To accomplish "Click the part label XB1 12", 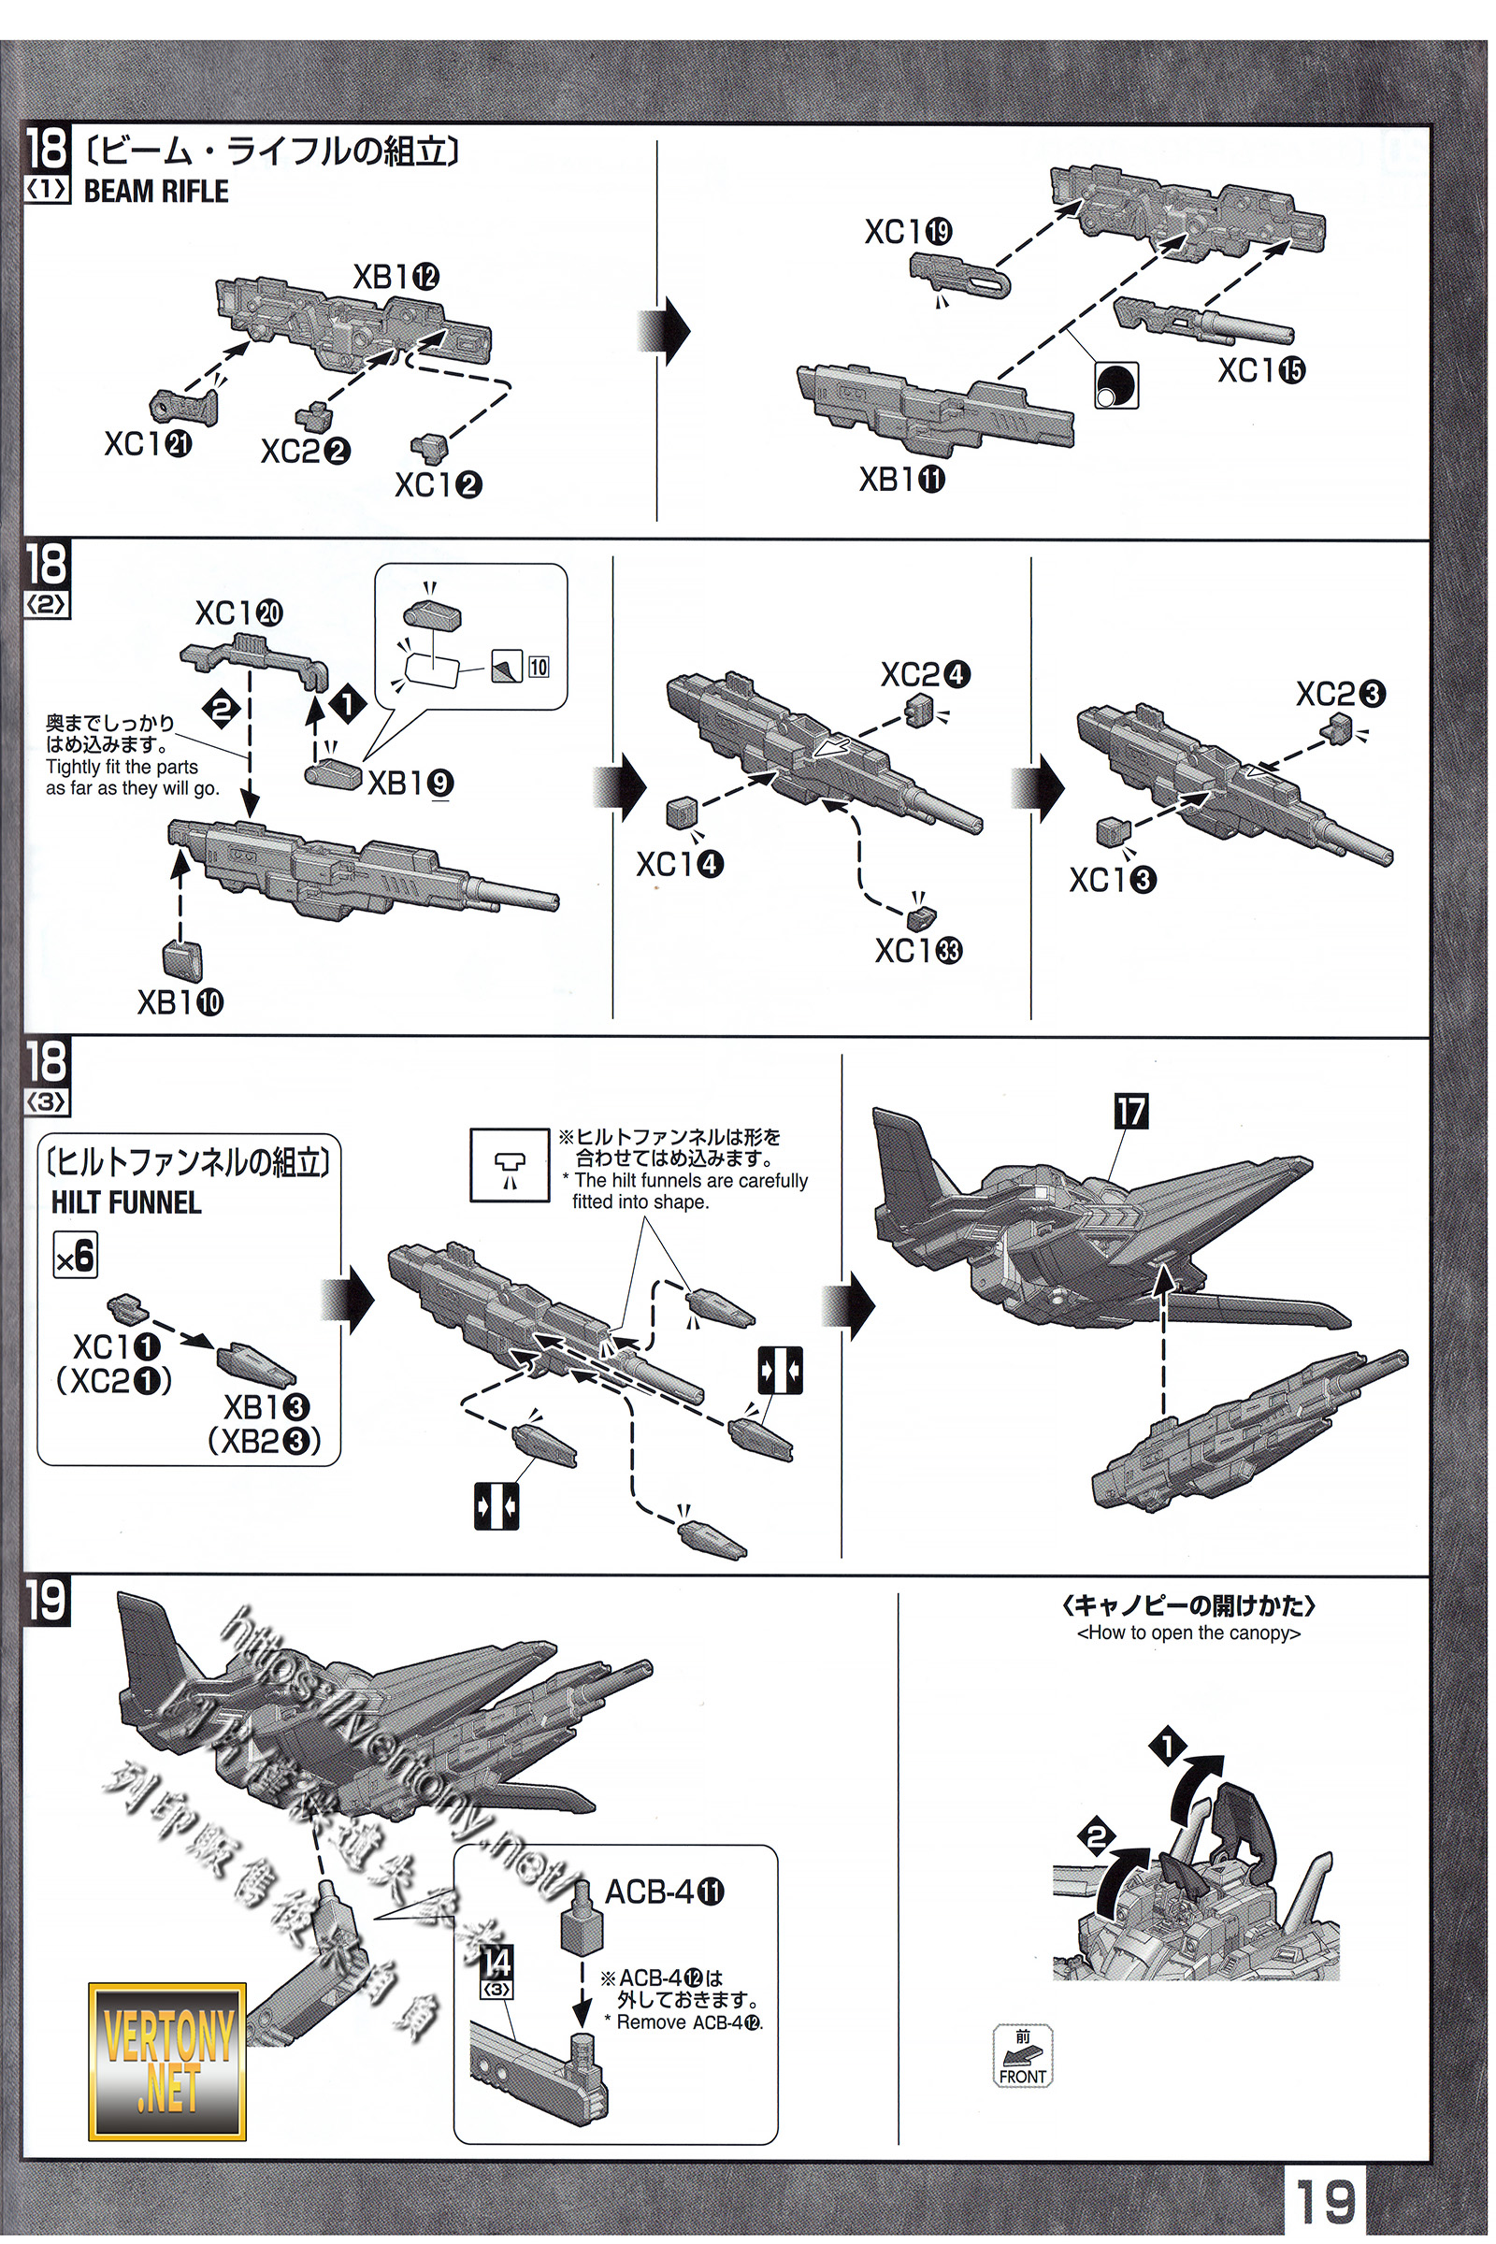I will click(396, 277).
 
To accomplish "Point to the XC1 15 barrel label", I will click(1260, 370).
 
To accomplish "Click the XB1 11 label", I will click(901, 479).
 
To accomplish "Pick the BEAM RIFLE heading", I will click(155, 192).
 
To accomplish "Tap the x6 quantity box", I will click(76, 1256).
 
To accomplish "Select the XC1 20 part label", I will click(238, 612).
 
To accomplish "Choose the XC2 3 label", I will click(1340, 694).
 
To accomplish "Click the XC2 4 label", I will click(925, 674).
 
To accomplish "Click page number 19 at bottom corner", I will click(1325, 2201).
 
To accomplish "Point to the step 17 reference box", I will click(1130, 1111).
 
